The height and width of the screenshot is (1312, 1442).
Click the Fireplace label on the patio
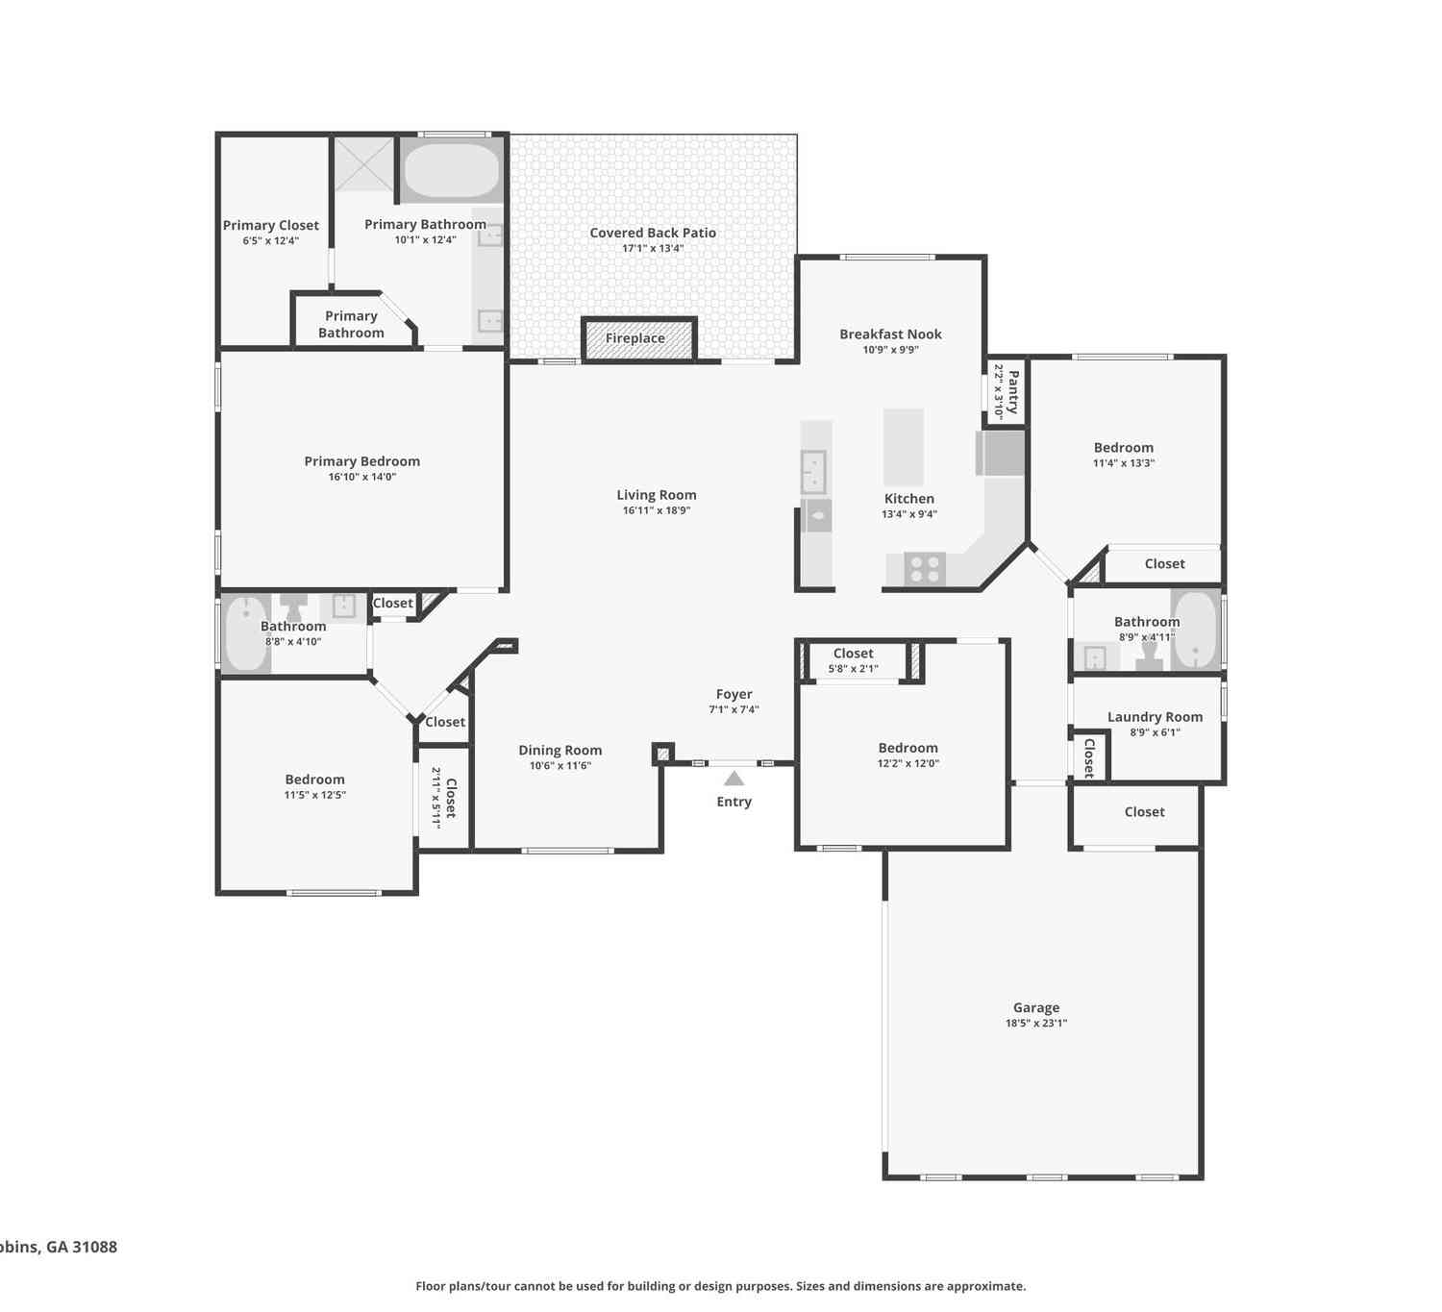click(634, 338)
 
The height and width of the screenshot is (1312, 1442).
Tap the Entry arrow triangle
click(733, 778)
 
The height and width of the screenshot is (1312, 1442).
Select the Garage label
click(1036, 1007)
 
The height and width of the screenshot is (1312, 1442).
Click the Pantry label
click(1013, 392)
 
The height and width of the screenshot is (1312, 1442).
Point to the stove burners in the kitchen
click(925, 569)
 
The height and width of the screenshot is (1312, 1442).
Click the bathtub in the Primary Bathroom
click(452, 170)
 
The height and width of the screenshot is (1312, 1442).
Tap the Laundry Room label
click(1155, 717)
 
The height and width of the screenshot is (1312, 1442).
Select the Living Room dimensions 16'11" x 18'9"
click(657, 510)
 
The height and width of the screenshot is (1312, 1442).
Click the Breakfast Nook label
click(890, 334)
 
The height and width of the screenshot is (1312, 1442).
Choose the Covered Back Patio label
click(653, 233)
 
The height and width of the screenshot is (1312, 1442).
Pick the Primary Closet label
click(271, 225)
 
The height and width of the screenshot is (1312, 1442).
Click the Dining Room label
click(560, 750)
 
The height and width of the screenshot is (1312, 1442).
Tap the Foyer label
click(733, 694)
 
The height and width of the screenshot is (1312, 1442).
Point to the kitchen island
click(903, 447)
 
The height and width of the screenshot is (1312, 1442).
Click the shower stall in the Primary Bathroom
click(363, 164)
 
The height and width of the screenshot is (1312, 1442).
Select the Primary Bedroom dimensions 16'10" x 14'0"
click(362, 477)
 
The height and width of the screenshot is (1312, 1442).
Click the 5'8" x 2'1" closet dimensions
click(854, 669)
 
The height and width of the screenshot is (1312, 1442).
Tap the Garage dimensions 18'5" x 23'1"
click(1036, 1023)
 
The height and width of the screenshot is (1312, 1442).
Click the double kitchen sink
click(813, 471)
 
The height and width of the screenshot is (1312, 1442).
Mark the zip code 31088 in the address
click(95, 1247)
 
